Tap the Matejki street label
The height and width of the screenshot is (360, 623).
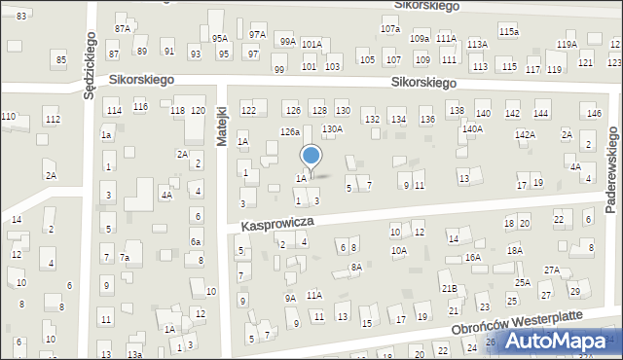(x=222, y=126)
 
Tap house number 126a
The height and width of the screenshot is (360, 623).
(x=290, y=131)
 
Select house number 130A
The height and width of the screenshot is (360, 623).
(x=332, y=128)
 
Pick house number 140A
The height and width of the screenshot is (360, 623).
(x=472, y=128)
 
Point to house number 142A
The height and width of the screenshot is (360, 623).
(x=525, y=134)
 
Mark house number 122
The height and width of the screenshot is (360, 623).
(x=248, y=111)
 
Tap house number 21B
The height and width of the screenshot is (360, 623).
(x=448, y=289)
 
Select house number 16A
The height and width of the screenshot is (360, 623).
(x=473, y=258)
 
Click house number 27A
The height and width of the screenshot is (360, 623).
(x=552, y=270)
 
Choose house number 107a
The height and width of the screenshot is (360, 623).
(x=389, y=29)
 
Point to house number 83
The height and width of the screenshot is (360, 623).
(x=21, y=17)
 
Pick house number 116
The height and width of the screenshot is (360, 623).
(x=140, y=106)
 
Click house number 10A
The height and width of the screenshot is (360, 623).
(x=399, y=250)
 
